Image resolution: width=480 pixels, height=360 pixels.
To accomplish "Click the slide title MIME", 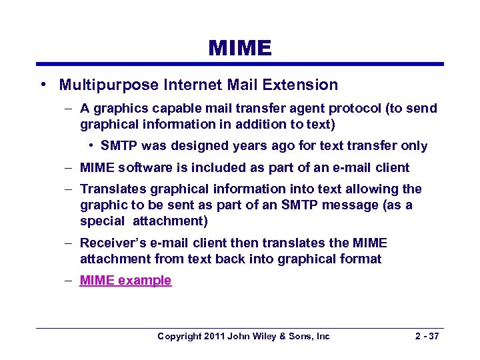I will click(x=240, y=48).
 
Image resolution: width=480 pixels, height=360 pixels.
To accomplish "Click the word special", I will click(x=102, y=220).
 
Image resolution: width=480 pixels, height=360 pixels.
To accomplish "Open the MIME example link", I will click(x=125, y=281).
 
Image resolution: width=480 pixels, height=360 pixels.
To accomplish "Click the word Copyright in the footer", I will click(x=179, y=337).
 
